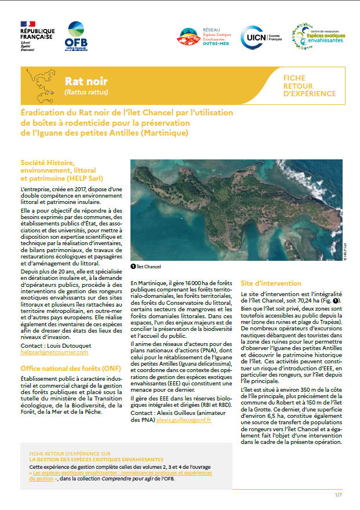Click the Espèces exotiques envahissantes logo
pos(318,37)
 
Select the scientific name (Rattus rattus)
pos(86,92)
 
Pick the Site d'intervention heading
pos(271,283)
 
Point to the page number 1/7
pos(339,495)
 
